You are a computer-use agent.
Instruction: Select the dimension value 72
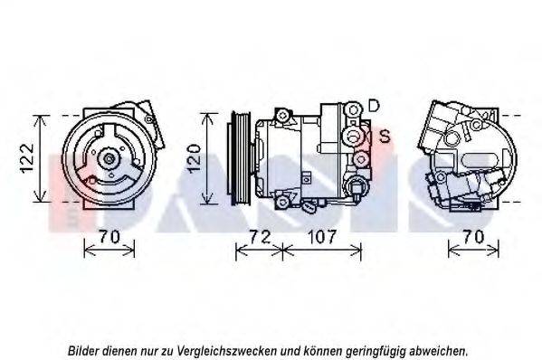259,238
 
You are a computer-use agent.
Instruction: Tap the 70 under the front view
109,238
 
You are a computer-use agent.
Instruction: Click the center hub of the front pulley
109,160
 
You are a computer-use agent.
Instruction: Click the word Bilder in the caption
84,349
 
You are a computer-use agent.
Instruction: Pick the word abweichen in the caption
441,349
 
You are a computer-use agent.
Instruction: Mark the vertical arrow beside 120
209,159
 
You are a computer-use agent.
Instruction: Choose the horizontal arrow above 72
259,251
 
